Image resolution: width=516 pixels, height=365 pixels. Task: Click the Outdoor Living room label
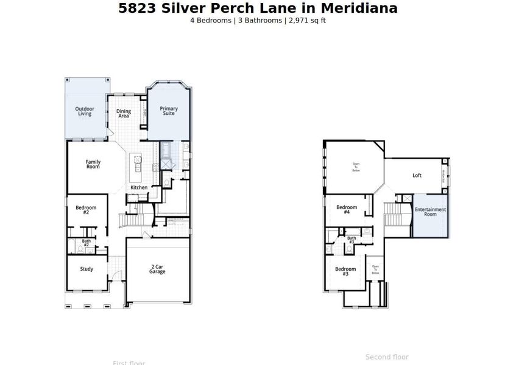click(85, 111)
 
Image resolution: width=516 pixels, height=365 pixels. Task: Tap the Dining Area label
click(123, 113)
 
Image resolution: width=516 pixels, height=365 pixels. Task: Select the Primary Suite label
click(169, 111)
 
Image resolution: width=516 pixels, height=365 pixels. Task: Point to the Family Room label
click(93, 164)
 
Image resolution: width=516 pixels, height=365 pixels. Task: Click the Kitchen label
click(139, 187)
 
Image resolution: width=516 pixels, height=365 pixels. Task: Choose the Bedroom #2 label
click(86, 210)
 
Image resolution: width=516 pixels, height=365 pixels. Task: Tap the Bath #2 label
click(87, 243)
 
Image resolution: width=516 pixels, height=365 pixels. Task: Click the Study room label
click(87, 269)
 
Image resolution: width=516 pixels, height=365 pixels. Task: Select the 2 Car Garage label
click(157, 269)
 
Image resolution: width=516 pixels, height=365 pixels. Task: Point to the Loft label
click(417, 175)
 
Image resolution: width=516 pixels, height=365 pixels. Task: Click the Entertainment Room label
click(430, 212)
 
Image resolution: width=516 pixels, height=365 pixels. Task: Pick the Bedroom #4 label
click(346, 210)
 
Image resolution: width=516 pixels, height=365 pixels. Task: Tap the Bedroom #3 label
click(345, 271)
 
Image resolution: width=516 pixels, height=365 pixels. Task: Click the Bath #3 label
click(352, 240)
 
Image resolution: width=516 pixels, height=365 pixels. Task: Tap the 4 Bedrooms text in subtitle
click(211, 20)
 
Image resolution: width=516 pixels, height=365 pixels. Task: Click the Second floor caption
click(387, 357)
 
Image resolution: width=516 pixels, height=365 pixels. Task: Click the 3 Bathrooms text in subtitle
click(258, 20)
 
